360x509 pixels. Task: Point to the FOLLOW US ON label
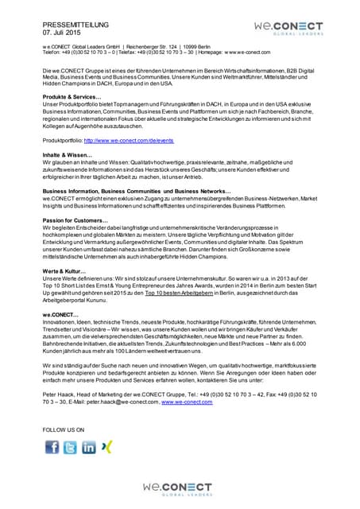[64, 429]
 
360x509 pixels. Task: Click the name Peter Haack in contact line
[60, 395]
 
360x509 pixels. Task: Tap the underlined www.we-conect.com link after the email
[187, 402]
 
